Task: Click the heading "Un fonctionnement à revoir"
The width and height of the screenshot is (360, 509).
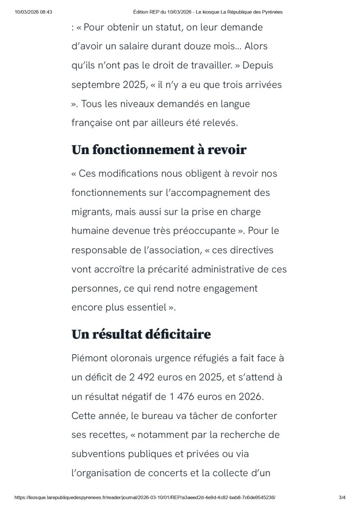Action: [x=159, y=150]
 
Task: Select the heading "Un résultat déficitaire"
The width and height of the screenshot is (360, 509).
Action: [x=141, y=334]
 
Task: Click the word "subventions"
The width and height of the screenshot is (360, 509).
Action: [x=101, y=453]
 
